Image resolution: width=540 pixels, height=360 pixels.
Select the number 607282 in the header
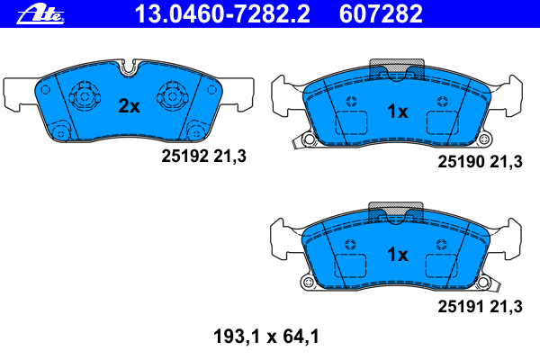tap(382, 13)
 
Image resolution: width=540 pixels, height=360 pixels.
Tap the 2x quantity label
tap(130, 106)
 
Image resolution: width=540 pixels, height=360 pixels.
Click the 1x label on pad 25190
tap(397, 112)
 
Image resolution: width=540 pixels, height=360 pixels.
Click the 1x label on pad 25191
tap(397, 255)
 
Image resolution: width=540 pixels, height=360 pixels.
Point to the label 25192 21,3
tap(203, 156)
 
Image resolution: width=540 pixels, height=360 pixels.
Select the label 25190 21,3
tap(480, 162)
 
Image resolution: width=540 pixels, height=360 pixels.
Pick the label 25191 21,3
tap(480, 307)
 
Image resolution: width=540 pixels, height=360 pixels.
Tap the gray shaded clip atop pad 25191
tap(397, 213)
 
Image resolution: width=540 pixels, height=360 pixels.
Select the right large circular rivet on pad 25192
tap(172, 94)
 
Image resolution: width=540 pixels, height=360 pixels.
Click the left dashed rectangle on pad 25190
tap(349, 125)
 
